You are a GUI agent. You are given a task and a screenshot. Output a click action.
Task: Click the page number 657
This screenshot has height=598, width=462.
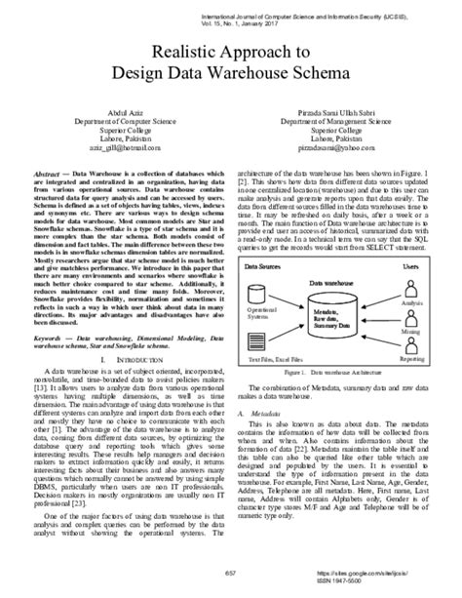230,571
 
